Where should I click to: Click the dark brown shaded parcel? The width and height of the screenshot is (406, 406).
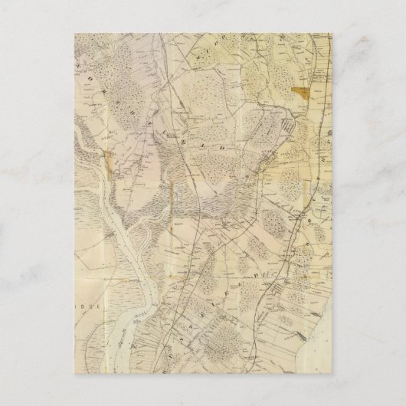(303, 93)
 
